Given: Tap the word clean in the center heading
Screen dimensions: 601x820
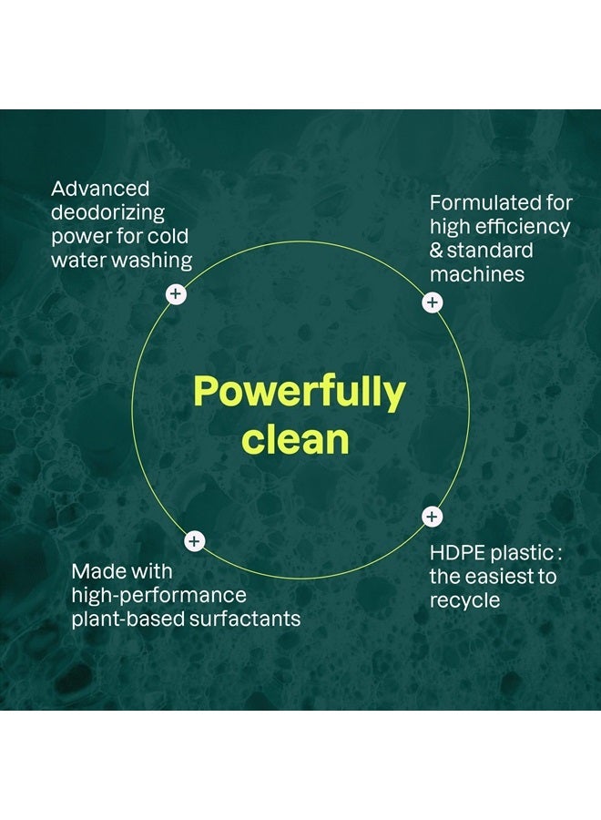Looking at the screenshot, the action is [295, 440].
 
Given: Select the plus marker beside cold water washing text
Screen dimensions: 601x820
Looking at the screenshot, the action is [176, 294].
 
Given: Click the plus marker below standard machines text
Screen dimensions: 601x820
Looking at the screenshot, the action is [433, 302].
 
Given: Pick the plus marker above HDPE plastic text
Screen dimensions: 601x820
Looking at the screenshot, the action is [432, 517].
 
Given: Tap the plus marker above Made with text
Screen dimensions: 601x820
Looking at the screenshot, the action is [194, 540].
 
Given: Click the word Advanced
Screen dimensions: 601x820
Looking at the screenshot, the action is [100, 189].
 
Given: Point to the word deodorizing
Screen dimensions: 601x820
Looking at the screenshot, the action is [107, 213].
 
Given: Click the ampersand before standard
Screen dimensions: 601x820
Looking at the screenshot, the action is [436, 251].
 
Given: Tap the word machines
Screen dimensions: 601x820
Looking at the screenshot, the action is [477, 274].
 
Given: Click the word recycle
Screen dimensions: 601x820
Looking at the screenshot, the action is [465, 601].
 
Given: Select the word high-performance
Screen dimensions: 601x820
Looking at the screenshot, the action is [158, 596].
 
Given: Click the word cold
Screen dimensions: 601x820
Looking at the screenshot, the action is [168, 236].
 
